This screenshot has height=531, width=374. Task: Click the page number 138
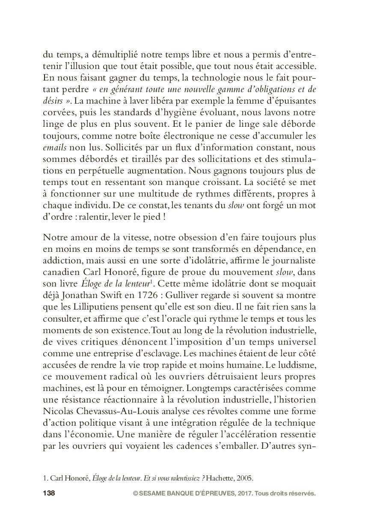point(49,493)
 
